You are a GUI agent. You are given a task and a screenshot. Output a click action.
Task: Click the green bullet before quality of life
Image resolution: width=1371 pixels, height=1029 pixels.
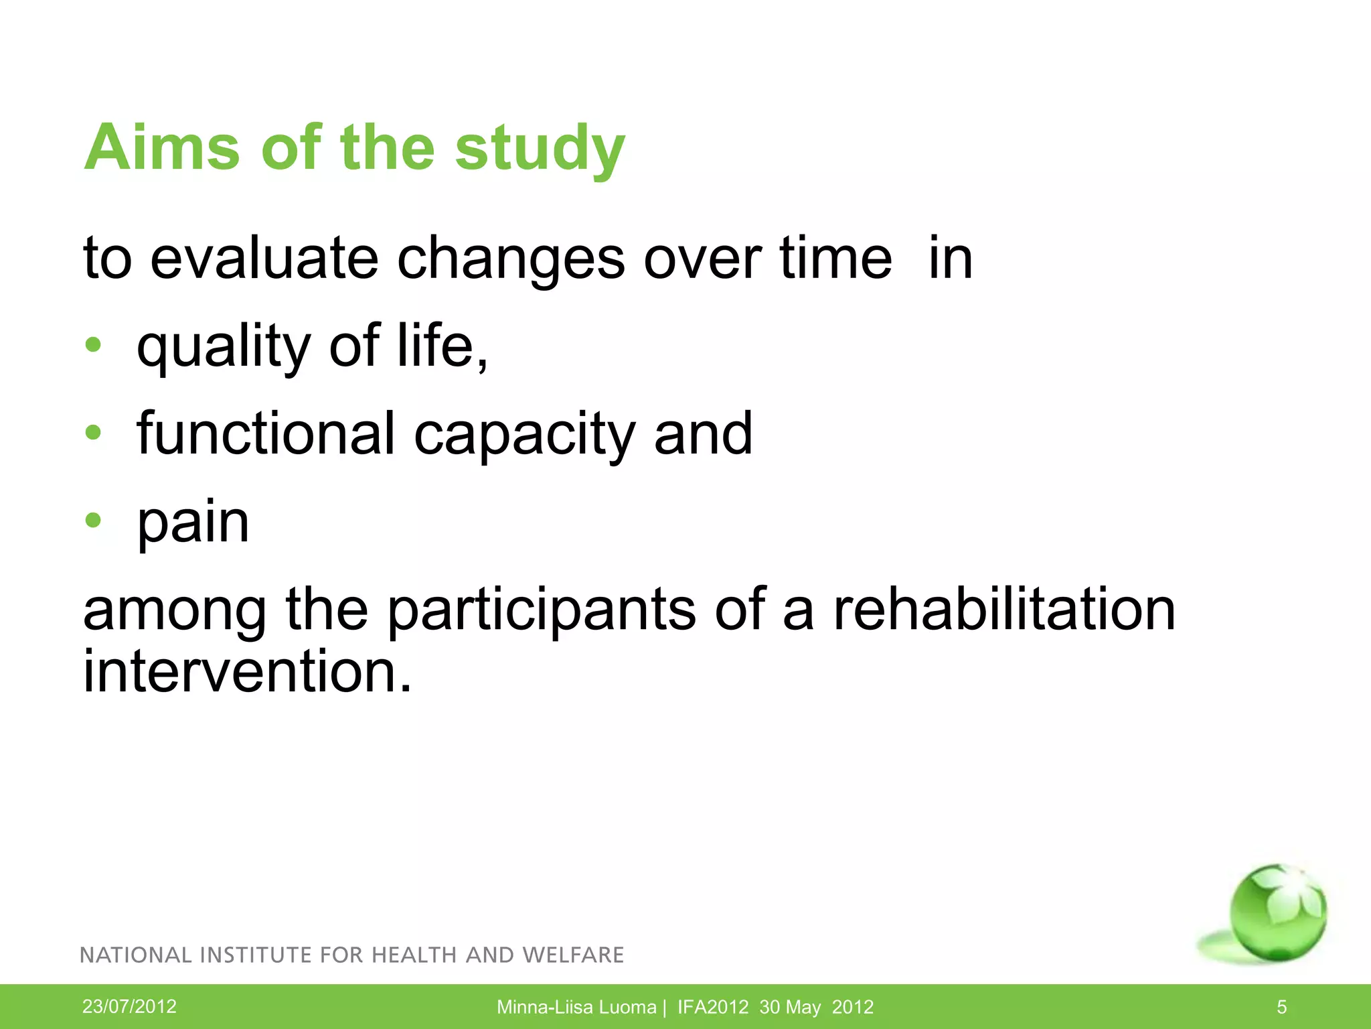[x=93, y=346]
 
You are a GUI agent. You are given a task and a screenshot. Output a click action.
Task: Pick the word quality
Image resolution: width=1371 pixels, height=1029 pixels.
[x=223, y=348]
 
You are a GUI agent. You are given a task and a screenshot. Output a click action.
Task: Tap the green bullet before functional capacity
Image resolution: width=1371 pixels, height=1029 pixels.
[x=93, y=433]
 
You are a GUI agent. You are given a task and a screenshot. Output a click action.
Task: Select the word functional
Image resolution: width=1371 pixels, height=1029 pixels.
[x=266, y=433]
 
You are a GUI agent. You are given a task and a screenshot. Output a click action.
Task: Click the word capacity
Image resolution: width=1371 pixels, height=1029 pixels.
[x=524, y=437]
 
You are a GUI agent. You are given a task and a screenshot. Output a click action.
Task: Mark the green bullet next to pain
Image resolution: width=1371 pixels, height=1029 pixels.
[x=93, y=521]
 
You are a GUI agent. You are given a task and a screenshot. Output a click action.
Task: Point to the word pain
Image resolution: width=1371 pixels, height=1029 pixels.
[x=193, y=523]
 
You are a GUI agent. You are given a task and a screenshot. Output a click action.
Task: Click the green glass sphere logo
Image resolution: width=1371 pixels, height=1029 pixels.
[x=1276, y=912]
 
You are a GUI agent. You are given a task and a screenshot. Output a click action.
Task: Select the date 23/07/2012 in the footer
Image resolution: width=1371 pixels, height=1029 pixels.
[x=129, y=1006]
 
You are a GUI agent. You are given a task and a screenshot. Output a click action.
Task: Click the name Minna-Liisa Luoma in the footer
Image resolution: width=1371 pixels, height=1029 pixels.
[x=576, y=1007]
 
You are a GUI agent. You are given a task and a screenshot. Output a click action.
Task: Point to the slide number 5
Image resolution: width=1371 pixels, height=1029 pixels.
[x=1281, y=1007]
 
